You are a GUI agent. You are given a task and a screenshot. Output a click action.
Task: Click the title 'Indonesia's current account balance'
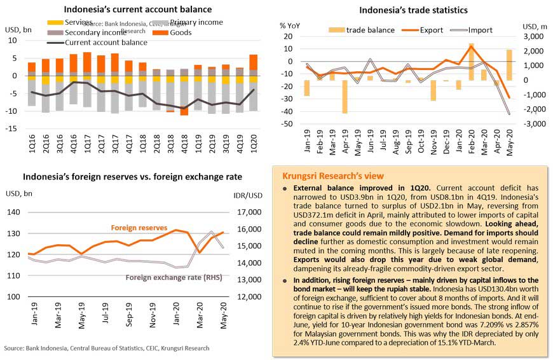(x=137, y=10)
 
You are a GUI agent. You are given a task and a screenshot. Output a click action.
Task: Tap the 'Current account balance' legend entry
(x=106, y=43)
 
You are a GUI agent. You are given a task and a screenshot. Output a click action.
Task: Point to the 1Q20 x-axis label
(x=253, y=142)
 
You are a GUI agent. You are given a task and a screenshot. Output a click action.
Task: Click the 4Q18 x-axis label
(x=184, y=142)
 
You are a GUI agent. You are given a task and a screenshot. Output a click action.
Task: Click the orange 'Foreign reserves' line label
(x=139, y=227)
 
